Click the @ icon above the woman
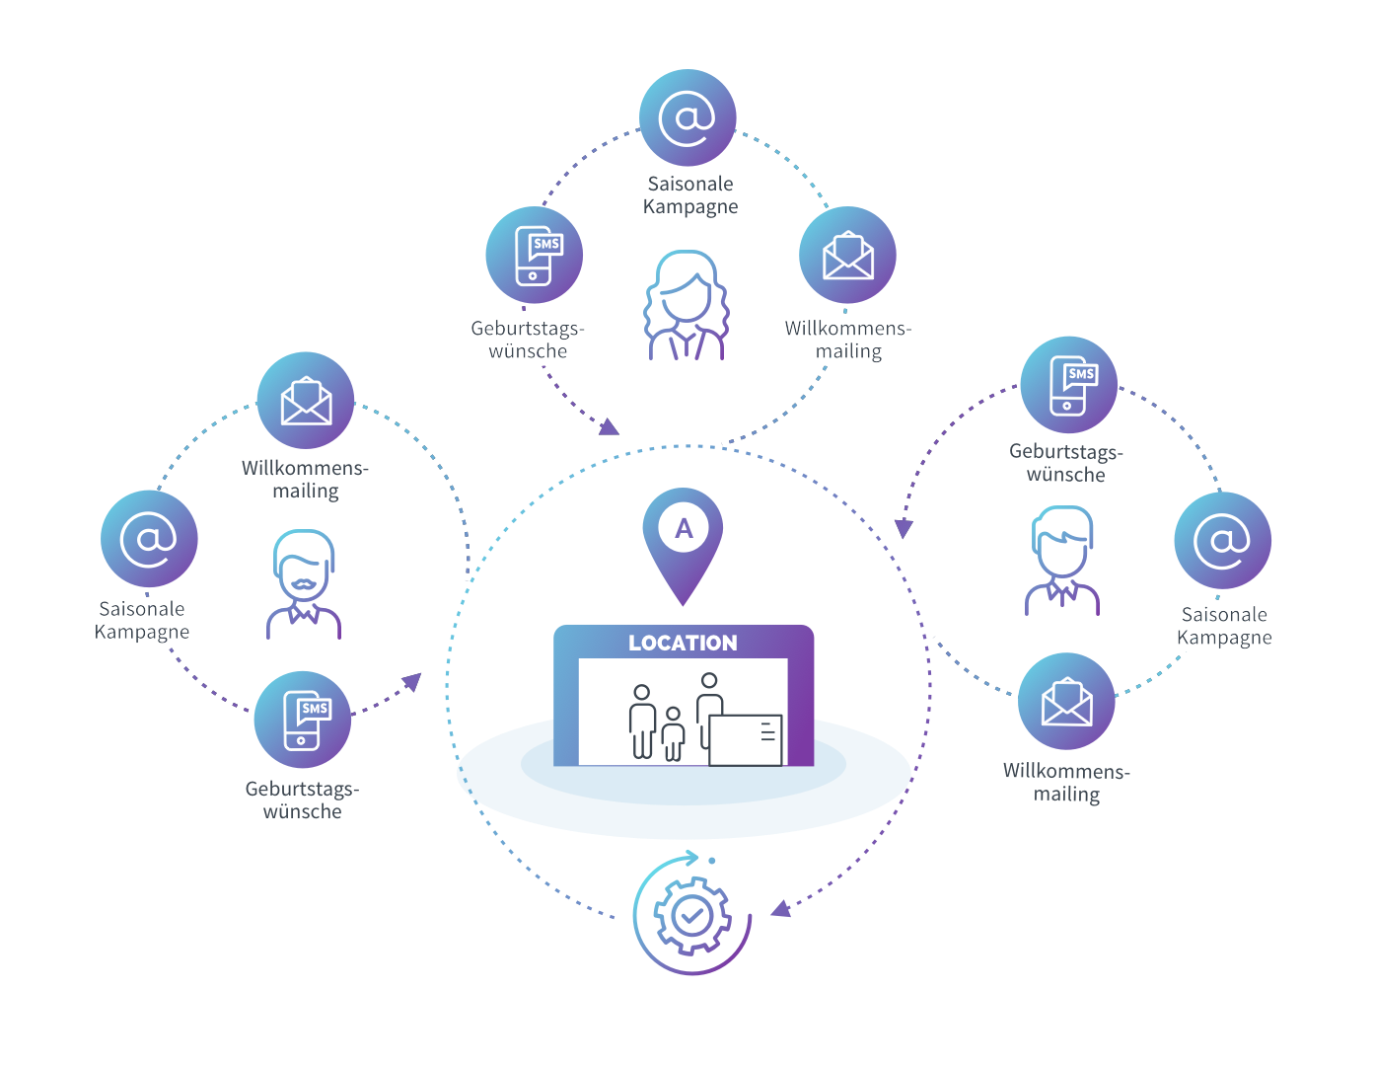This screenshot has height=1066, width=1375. (x=687, y=117)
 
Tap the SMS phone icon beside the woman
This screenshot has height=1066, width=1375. (x=534, y=255)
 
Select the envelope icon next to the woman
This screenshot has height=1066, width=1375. (x=847, y=255)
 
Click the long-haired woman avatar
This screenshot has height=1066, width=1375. (x=687, y=305)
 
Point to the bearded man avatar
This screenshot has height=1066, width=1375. (x=304, y=584)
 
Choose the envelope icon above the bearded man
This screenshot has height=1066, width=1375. (x=306, y=401)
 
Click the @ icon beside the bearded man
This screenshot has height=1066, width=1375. (x=149, y=539)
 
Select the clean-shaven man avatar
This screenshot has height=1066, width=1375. (x=1062, y=560)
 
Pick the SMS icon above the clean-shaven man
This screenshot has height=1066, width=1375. (x=1069, y=385)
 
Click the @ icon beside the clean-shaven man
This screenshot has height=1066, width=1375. (x=1222, y=540)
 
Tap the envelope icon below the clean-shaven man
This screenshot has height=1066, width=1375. (x=1066, y=702)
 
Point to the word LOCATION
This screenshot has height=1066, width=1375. (x=683, y=644)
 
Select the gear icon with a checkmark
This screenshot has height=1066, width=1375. (x=692, y=916)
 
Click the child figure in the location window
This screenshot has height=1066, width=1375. (x=673, y=733)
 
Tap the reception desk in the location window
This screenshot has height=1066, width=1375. (x=746, y=739)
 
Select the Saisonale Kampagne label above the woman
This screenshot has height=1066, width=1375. (x=690, y=195)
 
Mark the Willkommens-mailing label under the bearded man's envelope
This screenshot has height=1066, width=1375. (x=305, y=479)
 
